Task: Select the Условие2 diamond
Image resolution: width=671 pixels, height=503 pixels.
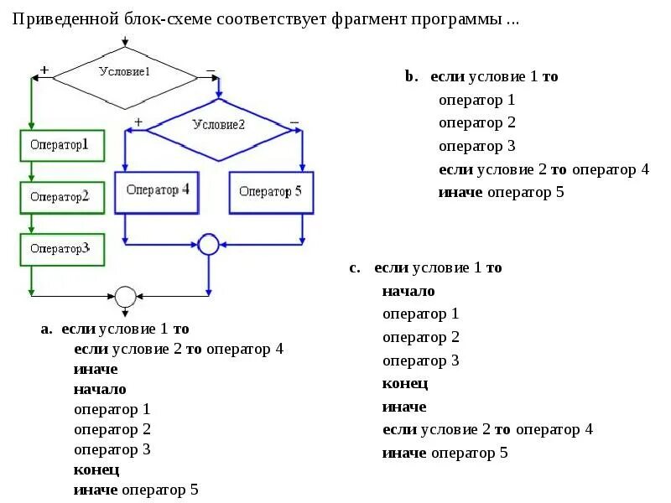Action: (218, 126)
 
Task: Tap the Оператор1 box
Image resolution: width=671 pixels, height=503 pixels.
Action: (62, 145)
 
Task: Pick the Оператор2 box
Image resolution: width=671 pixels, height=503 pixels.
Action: (62, 197)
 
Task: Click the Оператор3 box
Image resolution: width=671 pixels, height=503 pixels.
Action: (62, 249)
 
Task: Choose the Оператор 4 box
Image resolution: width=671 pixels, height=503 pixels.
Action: (158, 190)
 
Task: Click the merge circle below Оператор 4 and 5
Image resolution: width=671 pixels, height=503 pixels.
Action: (208, 244)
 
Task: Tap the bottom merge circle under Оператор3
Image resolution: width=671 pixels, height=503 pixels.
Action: (125, 296)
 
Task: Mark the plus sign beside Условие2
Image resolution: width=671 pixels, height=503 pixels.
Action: (138, 122)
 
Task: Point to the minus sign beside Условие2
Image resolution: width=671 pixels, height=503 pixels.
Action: (294, 122)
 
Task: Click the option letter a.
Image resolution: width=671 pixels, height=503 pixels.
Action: (46, 329)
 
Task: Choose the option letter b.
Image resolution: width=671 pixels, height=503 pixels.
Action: (410, 76)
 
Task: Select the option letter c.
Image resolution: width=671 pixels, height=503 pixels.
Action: (355, 268)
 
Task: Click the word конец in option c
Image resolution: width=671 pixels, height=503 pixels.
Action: (405, 383)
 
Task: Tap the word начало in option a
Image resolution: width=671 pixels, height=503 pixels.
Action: (100, 389)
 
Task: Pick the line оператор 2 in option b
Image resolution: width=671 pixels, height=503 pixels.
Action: (476, 122)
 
